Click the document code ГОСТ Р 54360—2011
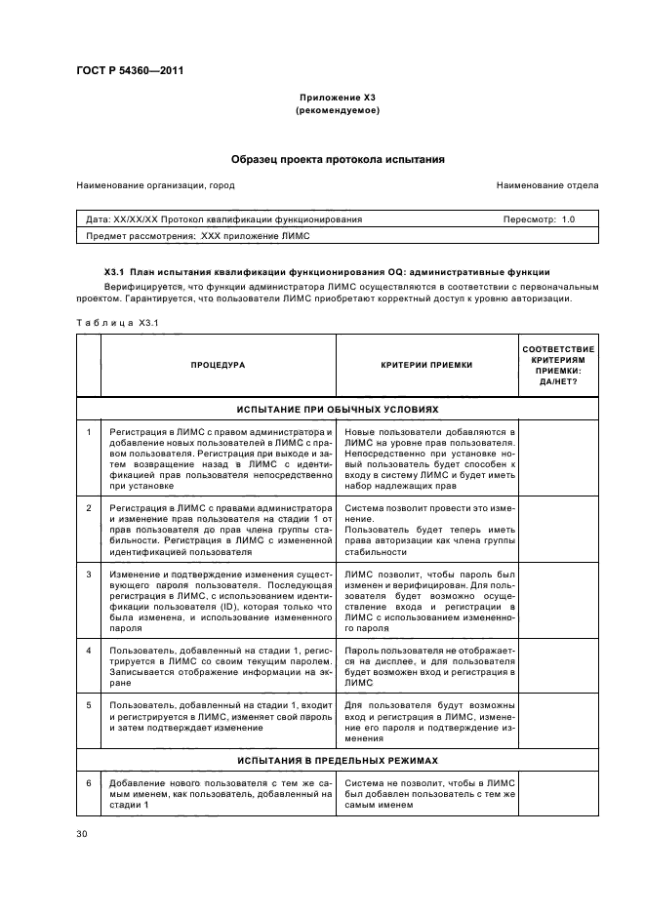tap(130, 70)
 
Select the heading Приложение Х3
tap(338, 99)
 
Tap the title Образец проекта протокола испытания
tap(338, 158)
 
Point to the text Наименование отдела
tap(547, 184)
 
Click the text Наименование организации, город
tap(156, 184)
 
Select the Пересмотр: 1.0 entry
tap(539, 219)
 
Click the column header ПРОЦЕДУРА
tap(218, 365)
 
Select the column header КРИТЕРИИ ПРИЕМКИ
tap(426, 365)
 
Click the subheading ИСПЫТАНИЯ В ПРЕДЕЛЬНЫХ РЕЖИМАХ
tap(338, 759)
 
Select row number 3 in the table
tap(89, 574)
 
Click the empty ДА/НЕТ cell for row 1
tap(560, 457)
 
